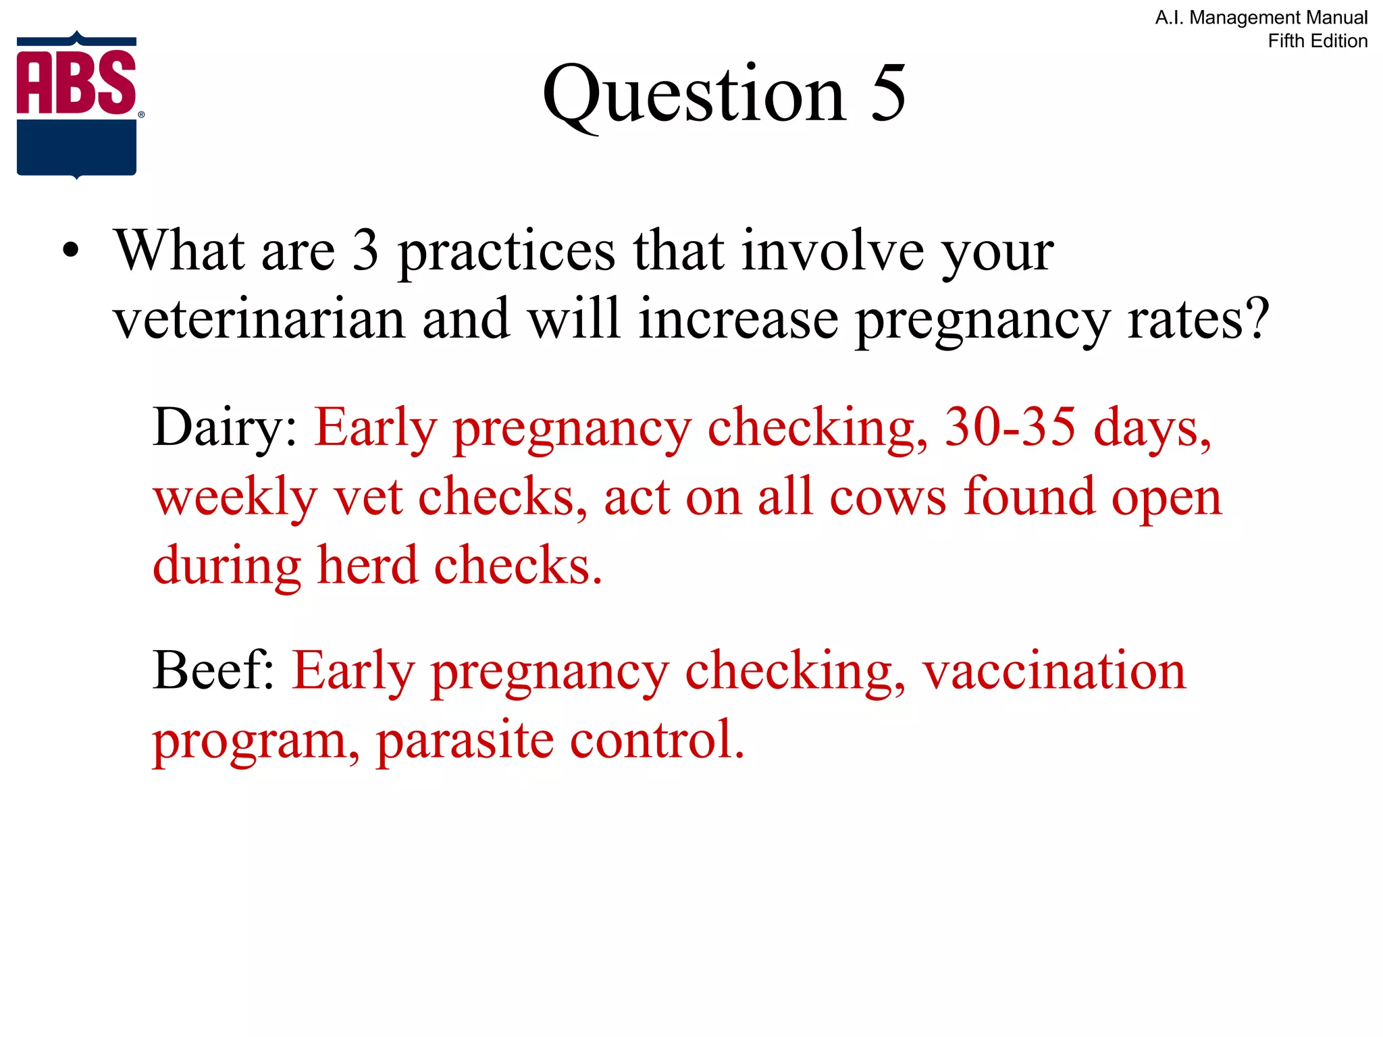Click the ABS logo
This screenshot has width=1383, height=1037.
coord(77,105)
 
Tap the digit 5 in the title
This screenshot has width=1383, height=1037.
coord(887,94)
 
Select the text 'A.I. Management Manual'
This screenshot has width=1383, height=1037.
coord(1261,18)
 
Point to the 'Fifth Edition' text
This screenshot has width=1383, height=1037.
coord(1317,41)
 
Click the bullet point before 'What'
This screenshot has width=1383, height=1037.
coord(71,251)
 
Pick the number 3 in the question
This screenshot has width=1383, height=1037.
coord(365,250)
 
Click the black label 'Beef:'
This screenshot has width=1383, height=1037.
coord(213,670)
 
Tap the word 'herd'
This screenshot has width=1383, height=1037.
coord(367,565)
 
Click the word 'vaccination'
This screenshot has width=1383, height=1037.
coord(1054,670)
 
